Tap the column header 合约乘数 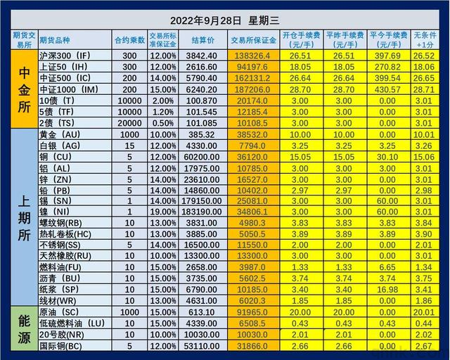[129, 40]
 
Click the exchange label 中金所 [17, 88]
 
